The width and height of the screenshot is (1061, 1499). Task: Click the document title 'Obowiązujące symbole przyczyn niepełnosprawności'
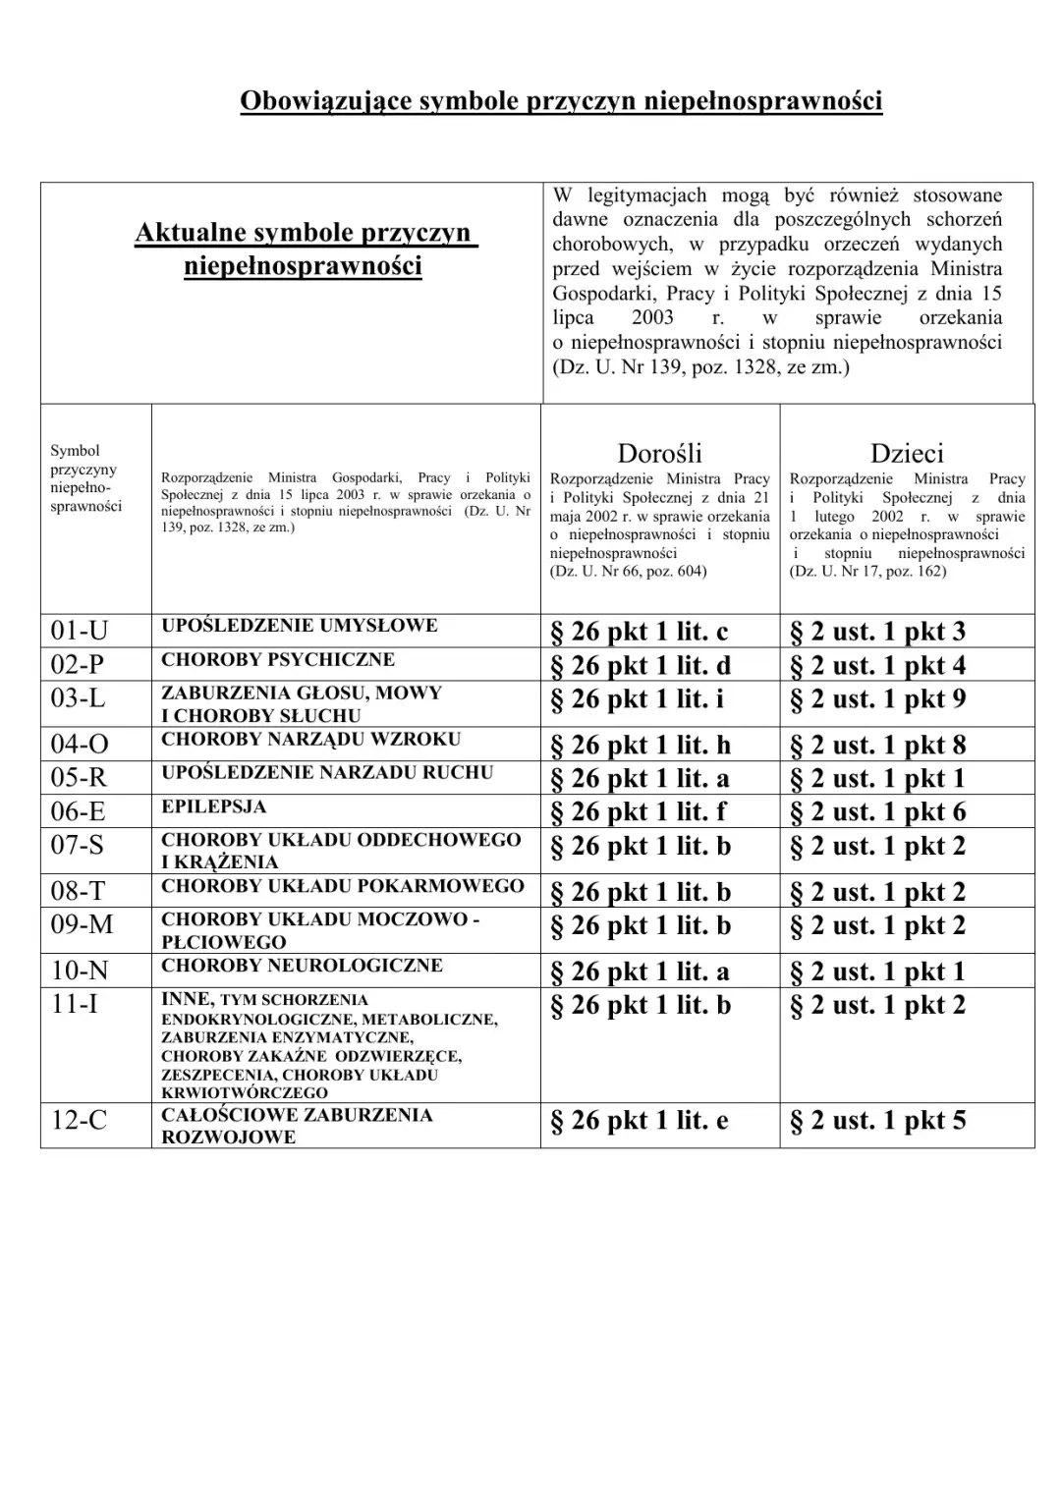(561, 101)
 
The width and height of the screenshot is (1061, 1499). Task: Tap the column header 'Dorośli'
(659, 453)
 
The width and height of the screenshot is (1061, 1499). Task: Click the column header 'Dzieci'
(906, 453)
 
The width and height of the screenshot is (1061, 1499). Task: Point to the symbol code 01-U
(80, 631)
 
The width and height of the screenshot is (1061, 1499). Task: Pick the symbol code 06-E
(79, 811)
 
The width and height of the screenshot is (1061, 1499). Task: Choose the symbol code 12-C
(79, 1119)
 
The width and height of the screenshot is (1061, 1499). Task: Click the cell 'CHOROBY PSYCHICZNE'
(278, 659)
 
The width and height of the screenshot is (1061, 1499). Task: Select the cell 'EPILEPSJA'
(214, 806)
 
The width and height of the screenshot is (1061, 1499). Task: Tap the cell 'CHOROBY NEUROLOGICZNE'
(302, 966)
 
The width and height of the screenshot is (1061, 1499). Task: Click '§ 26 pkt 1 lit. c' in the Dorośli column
(639, 632)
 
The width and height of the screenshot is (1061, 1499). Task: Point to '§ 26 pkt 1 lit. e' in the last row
(639, 1121)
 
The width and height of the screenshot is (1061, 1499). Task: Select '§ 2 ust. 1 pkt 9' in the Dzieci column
(877, 699)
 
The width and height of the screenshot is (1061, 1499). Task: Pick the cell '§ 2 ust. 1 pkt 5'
(877, 1121)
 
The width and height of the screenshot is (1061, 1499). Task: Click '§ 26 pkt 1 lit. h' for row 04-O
(640, 746)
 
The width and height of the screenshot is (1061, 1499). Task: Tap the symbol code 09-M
(82, 925)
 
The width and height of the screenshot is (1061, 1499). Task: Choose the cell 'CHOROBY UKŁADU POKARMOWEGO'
(342, 886)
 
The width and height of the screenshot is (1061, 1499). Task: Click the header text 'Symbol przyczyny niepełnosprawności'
(85, 478)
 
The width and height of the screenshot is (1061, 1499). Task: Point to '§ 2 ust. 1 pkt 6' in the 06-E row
(877, 812)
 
